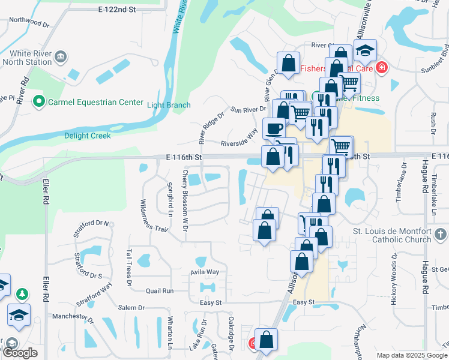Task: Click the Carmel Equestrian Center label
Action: (x=97, y=102)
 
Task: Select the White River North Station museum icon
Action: (x=61, y=57)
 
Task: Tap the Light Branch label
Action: (x=169, y=106)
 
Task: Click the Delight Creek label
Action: (x=88, y=136)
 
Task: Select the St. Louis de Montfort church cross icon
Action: (x=440, y=234)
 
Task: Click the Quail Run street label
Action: (x=159, y=291)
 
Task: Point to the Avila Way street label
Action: (x=205, y=272)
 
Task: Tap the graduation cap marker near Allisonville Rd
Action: (x=364, y=52)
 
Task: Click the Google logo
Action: (x=20, y=353)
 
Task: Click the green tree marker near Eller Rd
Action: (x=22, y=294)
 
